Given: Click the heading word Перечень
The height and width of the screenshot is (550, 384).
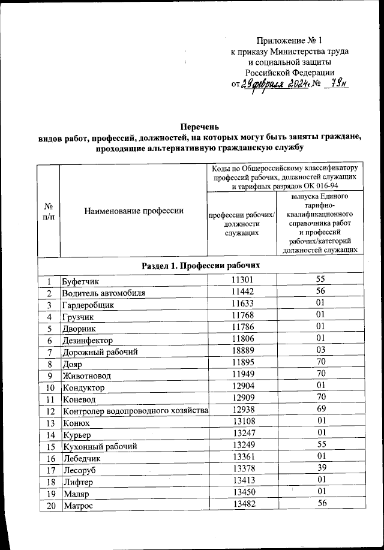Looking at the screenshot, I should [198, 127].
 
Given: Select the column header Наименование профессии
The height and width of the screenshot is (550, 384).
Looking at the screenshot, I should [134, 211].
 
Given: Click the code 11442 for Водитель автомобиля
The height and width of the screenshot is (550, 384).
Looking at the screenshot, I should [242, 293].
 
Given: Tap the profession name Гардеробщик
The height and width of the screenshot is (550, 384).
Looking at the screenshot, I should [88, 304].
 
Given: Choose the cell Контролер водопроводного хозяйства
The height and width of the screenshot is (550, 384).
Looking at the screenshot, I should [135, 410].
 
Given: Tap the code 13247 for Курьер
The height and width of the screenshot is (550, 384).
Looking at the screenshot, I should [242, 434].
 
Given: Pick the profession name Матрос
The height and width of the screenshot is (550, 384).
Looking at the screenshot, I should [78, 504].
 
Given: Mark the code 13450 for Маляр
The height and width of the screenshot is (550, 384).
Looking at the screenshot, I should [242, 492].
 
